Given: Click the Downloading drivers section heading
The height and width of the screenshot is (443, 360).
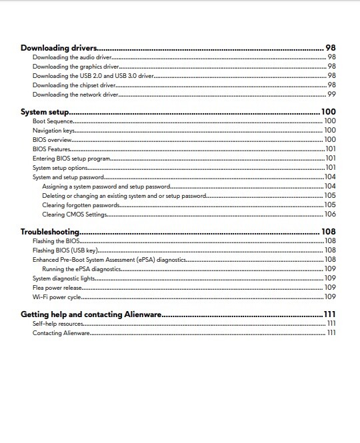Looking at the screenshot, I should tap(59, 48).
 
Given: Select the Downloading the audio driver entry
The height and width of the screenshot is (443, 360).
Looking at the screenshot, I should tap(72, 58).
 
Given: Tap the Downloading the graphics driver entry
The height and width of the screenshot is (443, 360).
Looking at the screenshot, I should tap(76, 67).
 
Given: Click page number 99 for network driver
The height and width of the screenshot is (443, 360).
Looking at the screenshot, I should tap(331, 95).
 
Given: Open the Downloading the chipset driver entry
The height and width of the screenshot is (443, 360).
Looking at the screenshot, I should tap(74, 85).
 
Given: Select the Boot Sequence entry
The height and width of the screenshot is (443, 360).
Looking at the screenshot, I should tap(53, 121).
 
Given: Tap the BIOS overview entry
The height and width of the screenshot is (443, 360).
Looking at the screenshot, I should tap(52, 140).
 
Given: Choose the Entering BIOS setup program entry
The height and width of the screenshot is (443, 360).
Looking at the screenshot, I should tap(71, 159).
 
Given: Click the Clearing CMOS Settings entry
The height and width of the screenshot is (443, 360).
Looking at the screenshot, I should tap(75, 215).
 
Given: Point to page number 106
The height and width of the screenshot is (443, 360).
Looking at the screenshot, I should tap(329, 215).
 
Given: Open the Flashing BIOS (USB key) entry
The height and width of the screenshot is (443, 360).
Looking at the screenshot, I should tap(65, 250).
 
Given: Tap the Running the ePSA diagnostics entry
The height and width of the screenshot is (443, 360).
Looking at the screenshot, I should tap(81, 268).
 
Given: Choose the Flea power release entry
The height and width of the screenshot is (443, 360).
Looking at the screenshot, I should tap(57, 287).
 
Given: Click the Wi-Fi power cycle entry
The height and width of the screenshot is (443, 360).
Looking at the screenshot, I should tap(57, 296).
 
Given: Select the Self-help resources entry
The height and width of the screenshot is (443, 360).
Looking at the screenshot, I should tap(58, 323).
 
